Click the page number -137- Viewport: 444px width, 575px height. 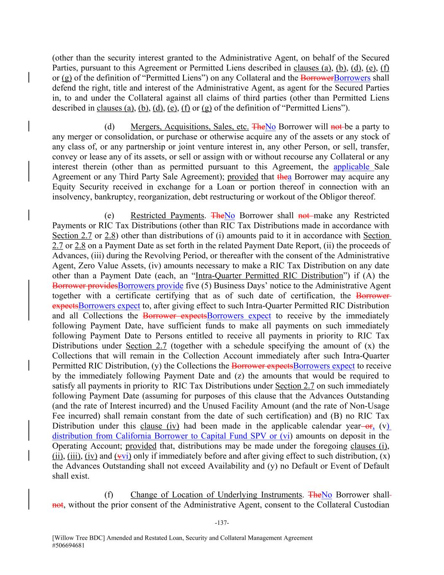tap(222, 523)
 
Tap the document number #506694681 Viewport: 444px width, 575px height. tap(70, 545)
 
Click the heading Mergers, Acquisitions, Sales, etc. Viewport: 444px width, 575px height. tap(189, 127)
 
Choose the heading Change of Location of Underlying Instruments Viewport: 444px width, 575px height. tap(216, 495)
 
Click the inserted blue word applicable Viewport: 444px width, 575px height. tap(352, 167)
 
